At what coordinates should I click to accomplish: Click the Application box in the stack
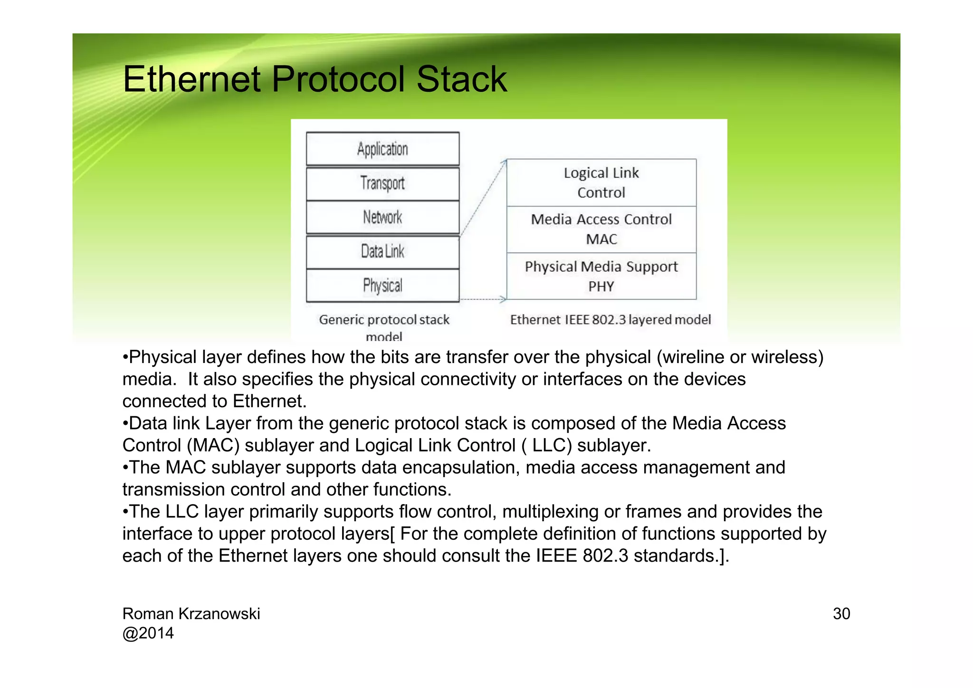click(x=382, y=149)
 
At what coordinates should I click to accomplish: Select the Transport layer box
click(x=382, y=183)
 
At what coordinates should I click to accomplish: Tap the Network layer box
click(x=382, y=218)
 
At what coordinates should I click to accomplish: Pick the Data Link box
click(x=382, y=252)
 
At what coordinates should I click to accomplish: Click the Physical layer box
click(x=382, y=286)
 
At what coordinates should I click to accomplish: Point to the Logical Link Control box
click(x=601, y=182)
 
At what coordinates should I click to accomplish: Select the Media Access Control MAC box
click(x=601, y=229)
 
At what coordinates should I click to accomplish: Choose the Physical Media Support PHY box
click(x=601, y=276)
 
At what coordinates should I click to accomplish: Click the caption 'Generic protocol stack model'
click(x=384, y=327)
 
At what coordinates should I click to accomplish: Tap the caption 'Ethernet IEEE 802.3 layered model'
click(x=610, y=320)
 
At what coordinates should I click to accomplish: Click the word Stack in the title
click(x=461, y=79)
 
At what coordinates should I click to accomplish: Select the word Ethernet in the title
click(x=191, y=79)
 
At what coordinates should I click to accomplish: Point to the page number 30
click(x=841, y=614)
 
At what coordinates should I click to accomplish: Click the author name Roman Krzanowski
click(x=191, y=614)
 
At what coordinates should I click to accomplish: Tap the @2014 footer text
click(x=148, y=633)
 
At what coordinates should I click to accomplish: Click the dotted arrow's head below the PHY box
click(x=504, y=299)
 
